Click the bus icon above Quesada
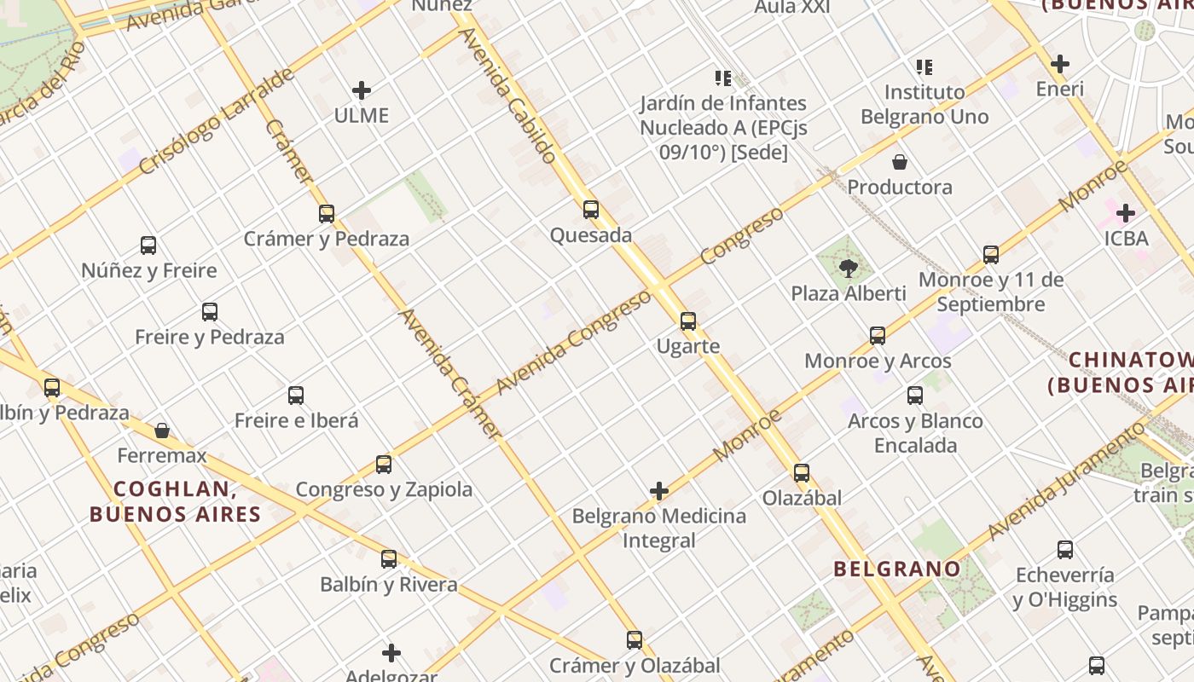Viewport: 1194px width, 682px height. [x=591, y=210]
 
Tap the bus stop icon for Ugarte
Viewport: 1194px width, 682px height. [x=688, y=321]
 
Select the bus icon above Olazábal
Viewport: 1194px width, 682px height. [x=802, y=473]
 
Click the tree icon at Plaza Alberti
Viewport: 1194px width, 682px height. [x=849, y=269]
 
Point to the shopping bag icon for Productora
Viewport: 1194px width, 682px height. [x=900, y=162]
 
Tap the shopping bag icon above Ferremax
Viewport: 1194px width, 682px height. [x=162, y=431]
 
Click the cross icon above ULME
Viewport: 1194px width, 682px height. [x=362, y=90]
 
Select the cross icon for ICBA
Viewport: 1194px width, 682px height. [x=1126, y=213]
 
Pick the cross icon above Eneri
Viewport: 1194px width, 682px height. [x=1060, y=64]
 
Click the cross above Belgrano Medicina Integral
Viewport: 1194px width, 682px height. [x=659, y=491]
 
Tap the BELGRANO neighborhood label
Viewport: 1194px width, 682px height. [x=896, y=569]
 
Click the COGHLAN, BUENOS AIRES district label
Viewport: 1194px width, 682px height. [x=175, y=501]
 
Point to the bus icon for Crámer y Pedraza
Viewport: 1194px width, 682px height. [x=327, y=214]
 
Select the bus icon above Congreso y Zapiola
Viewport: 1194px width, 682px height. [x=384, y=465]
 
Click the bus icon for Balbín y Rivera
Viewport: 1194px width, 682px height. [x=389, y=559]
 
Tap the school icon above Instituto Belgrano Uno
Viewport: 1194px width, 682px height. [x=924, y=66]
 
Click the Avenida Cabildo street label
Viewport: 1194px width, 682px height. [x=508, y=94]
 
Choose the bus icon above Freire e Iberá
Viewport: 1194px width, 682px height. [x=296, y=396]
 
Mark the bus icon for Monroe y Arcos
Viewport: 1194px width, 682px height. [x=878, y=336]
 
